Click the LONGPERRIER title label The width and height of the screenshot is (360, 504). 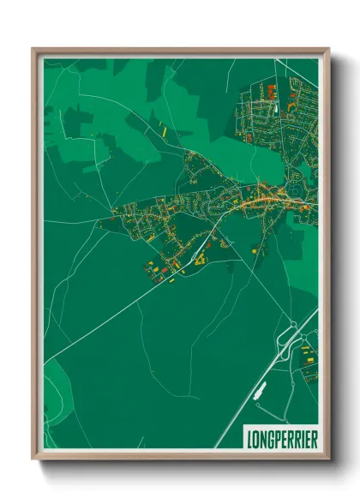coord(282,437)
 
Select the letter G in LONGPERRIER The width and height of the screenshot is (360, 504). coord(272,437)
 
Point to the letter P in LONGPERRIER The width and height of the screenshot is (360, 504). coord(279,437)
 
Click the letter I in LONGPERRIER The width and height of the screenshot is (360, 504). coord(302,437)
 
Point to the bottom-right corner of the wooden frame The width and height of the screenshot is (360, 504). coord(327,458)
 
